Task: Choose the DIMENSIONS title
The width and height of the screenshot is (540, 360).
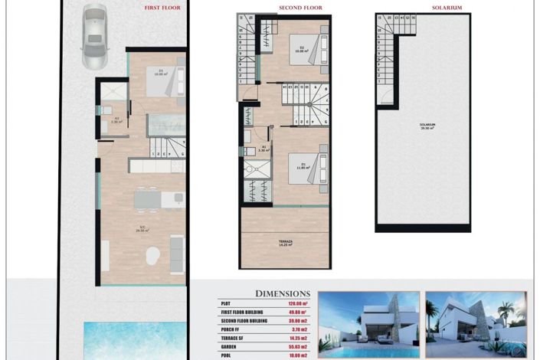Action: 283,293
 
